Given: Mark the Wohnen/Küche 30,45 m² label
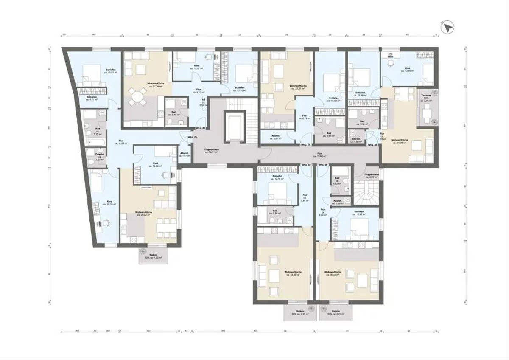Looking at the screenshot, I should pos(333,273).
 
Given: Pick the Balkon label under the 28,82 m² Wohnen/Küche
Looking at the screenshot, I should pos(154,256).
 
